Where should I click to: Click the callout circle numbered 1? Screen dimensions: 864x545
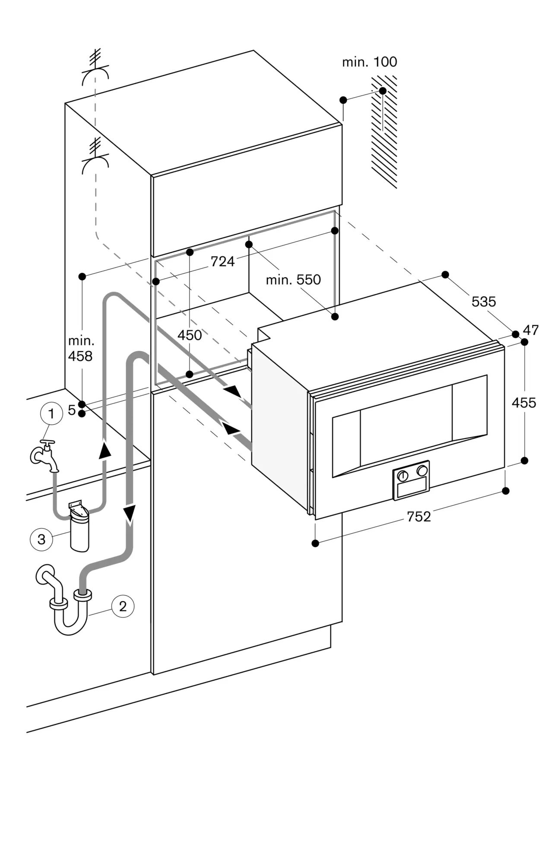pos(51,414)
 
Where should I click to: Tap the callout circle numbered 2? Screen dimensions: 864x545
pos(123,606)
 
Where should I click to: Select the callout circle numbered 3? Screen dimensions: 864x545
pos(41,539)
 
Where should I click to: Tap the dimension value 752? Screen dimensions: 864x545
pos(418,517)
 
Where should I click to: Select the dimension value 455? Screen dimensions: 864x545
pos(523,403)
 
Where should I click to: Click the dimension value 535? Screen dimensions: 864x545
pos(483,301)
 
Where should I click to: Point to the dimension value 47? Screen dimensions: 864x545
pos(530,330)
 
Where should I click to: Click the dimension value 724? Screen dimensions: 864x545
pos(222,261)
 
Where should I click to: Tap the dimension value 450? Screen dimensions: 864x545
pos(190,335)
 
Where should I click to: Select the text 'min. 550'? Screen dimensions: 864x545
pos(293,280)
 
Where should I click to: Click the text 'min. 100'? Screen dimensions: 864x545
pos(369,62)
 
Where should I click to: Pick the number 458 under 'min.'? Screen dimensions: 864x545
pos(80,356)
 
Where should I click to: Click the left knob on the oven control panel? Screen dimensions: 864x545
pos(402,476)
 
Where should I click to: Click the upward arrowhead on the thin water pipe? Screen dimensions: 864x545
pos(104,450)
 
